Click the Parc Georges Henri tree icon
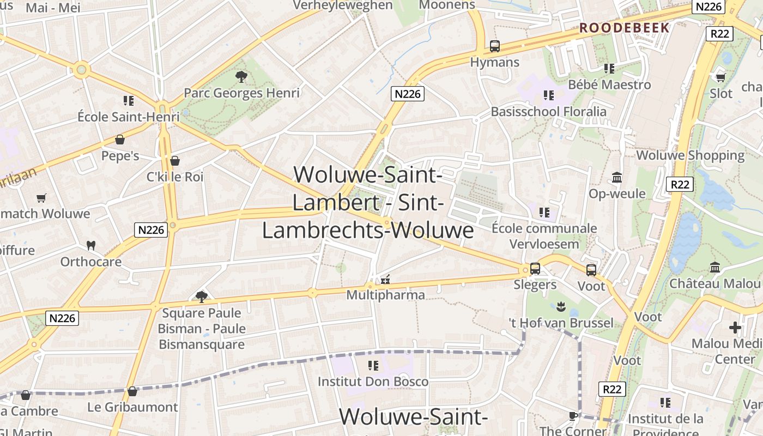pyautogui.click(x=241, y=77)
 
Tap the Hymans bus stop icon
pyautogui.click(x=494, y=46)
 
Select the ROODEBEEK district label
pyautogui.click(x=624, y=28)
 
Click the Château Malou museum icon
pyautogui.click(x=715, y=267)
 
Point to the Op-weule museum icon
pyautogui.click(x=617, y=177)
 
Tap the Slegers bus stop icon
pyautogui.click(x=535, y=269)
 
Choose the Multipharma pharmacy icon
pyautogui.click(x=385, y=280)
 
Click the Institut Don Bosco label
pyautogui.click(x=373, y=381)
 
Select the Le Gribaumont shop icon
pyautogui.click(x=132, y=391)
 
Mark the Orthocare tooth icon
pyautogui.click(x=91, y=246)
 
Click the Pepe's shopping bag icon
pyautogui.click(x=120, y=140)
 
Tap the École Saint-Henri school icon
pyautogui.click(x=129, y=100)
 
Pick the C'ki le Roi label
pyautogui.click(x=175, y=177)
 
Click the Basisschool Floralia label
pyautogui.click(x=548, y=112)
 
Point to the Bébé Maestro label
pyautogui.click(x=609, y=85)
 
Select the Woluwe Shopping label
pyautogui.click(x=690, y=155)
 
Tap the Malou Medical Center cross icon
pyautogui.click(x=735, y=328)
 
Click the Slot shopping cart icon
pyautogui.click(x=720, y=77)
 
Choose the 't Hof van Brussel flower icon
pyautogui.click(x=561, y=307)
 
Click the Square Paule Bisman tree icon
pyautogui.click(x=201, y=296)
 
